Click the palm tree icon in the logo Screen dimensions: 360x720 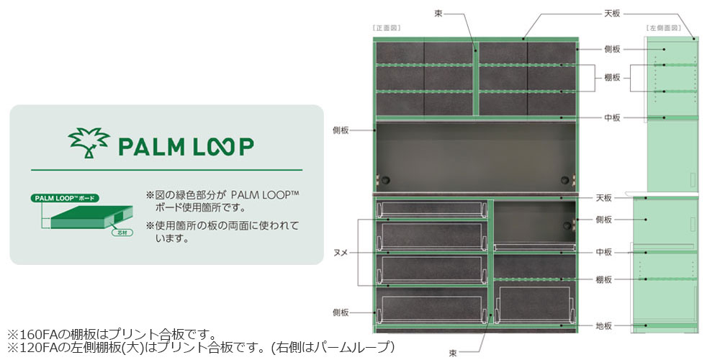tap(88, 143)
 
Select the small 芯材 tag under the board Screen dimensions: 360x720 tap(117, 233)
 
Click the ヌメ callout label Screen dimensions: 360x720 tap(341, 252)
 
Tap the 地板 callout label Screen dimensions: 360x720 tap(603, 326)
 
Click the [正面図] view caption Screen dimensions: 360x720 tap(387, 28)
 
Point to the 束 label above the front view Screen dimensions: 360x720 tap(438, 13)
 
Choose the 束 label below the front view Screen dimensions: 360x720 tap(453, 353)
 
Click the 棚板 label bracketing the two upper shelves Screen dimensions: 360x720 tap(612, 78)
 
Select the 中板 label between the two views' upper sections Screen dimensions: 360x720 tap(612, 117)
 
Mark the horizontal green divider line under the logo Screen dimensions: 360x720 tap(166, 170)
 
